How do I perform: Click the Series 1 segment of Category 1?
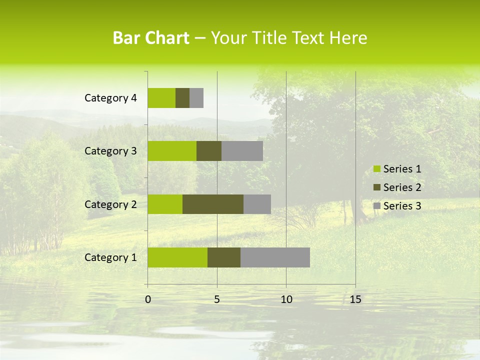point(177,257)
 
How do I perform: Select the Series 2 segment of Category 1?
point(224,257)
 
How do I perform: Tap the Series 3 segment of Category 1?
point(275,257)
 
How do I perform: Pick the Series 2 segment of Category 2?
point(213,204)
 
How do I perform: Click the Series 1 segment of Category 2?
point(165,204)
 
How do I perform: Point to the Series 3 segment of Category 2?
point(257,204)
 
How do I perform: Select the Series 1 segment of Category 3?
point(172,151)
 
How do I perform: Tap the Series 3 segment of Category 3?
point(242,151)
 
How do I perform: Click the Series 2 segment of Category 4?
point(182,98)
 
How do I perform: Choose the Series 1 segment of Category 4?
point(161,98)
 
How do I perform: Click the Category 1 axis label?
point(110,257)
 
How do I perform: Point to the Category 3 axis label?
point(110,151)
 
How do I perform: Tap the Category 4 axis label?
point(110,98)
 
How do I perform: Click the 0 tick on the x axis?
point(148,299)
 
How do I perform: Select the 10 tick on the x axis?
point(286,299)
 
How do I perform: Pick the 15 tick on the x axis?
point(355,299)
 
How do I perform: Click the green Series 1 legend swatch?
point(376,169)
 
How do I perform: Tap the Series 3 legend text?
point(402,206)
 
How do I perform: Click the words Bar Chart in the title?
point(151,38)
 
